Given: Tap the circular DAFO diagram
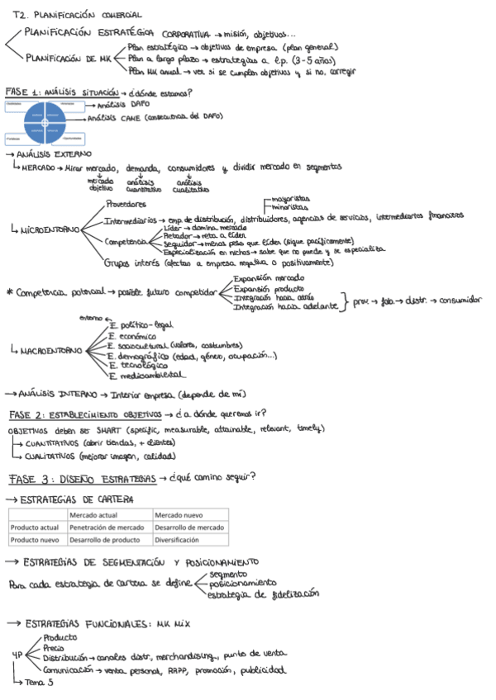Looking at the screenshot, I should pos(45,122).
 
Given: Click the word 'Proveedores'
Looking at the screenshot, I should pos(126,204).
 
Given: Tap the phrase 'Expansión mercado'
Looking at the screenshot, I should pos(269,279).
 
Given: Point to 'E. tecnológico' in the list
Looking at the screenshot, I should pos(138,364).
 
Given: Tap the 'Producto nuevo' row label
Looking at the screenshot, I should pos(35,540).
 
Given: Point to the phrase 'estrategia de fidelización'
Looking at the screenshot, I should pos(262,594).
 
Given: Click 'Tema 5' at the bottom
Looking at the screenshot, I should pos(39,682).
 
